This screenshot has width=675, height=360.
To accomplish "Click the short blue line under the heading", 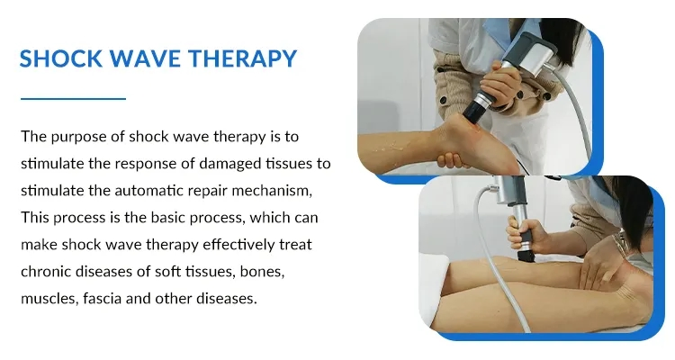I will (72, 97).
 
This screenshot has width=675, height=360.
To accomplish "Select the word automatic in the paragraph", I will (150, 191).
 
